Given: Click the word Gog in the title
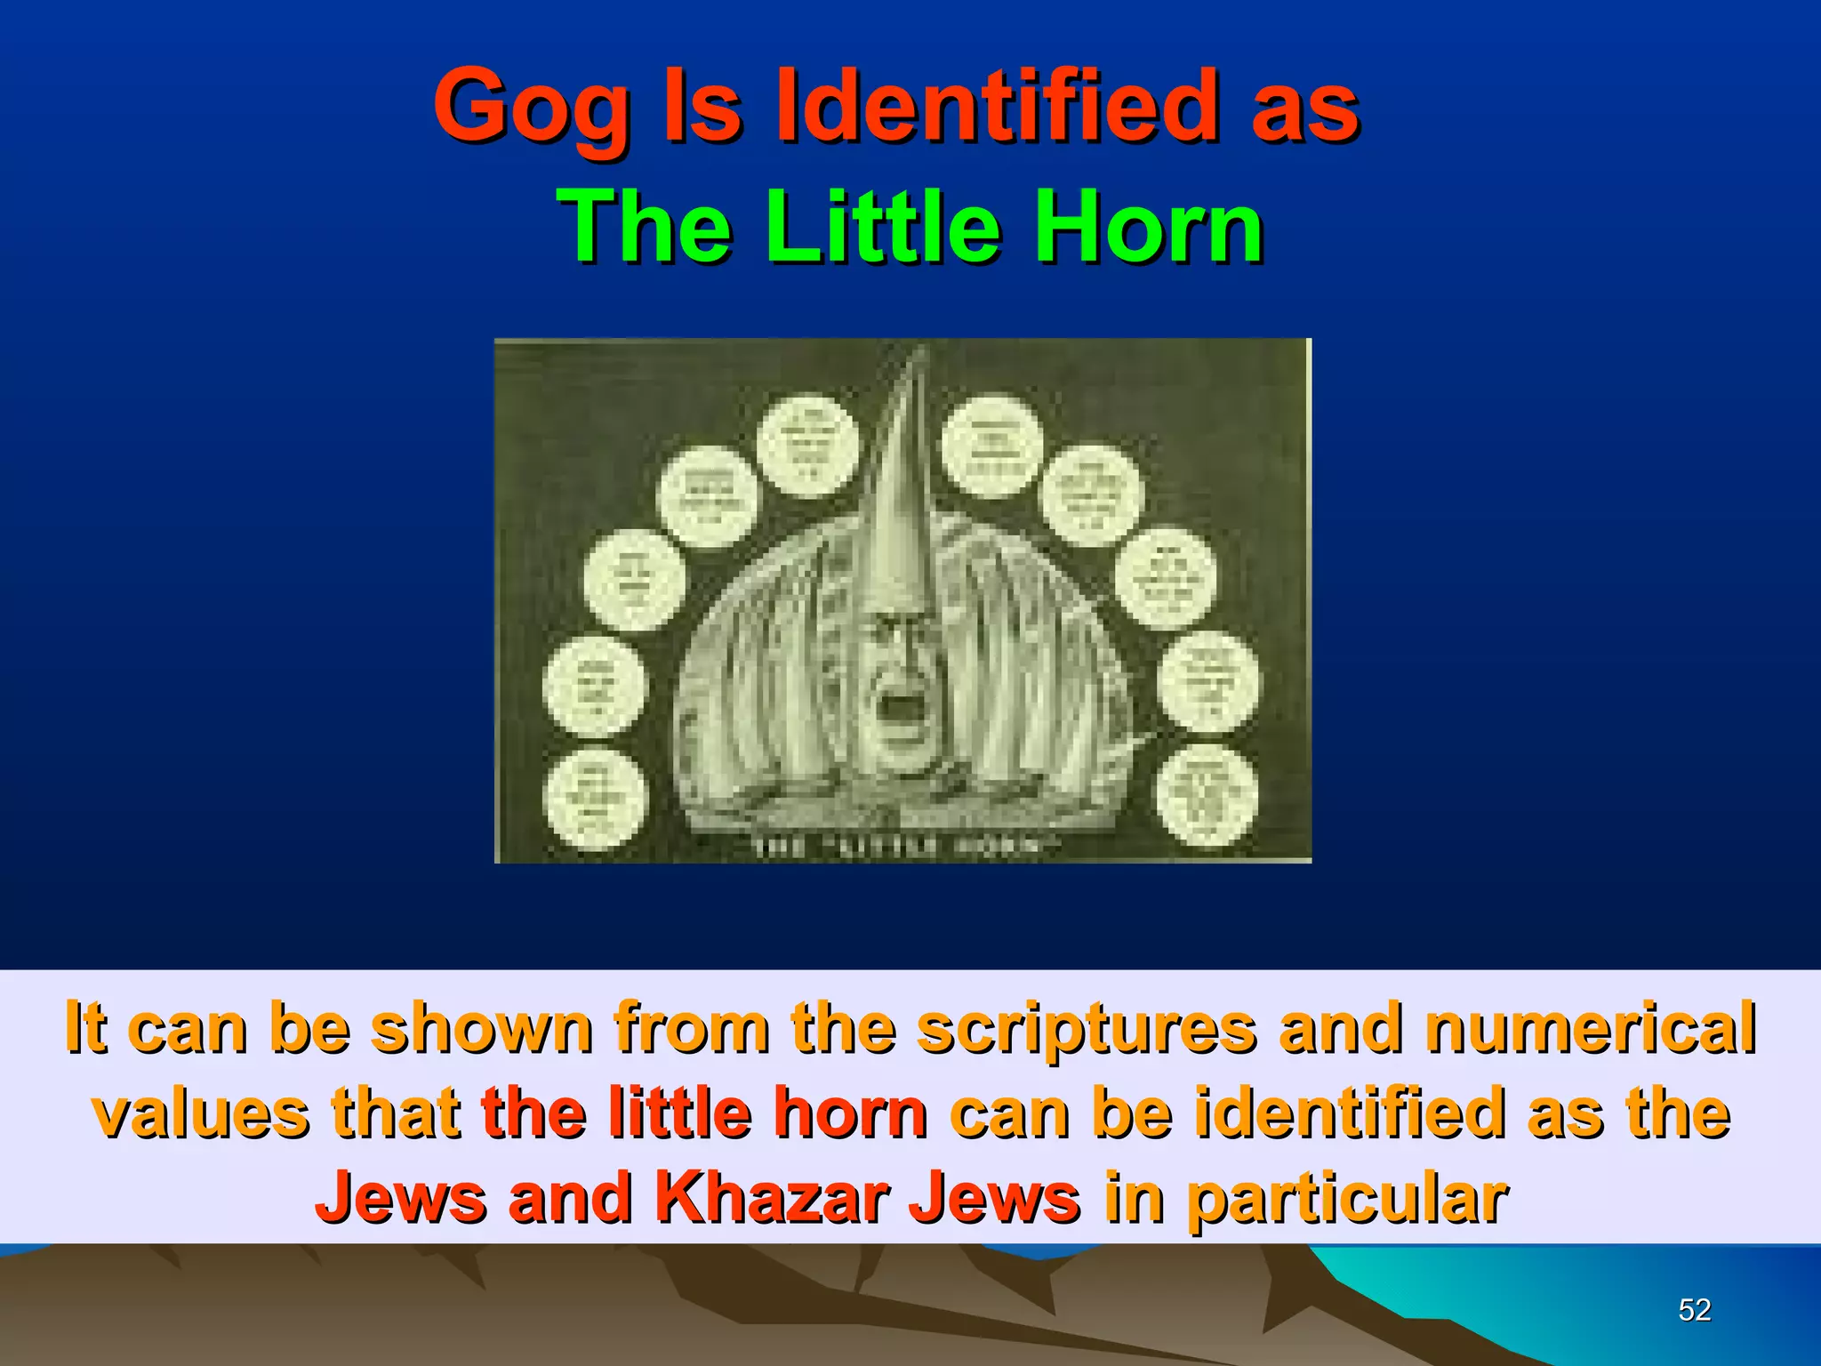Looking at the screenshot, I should coord(531,108).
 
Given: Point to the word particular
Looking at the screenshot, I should coord(1347,1199).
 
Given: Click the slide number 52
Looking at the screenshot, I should coord(1695,1309).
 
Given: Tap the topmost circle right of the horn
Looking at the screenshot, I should coord(991,445).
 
